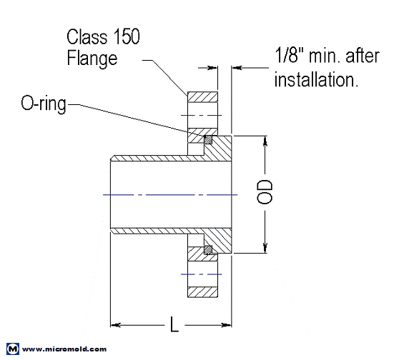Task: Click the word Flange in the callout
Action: click(x=92, y=59)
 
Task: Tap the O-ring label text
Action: click(x=43, y=105)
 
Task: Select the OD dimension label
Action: click(x=266, y=192)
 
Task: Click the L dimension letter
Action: click(x=174, y=326)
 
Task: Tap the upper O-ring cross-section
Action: click(x=208, y=139)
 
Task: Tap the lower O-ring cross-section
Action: click(x=208, y=249)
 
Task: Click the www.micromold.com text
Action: click(x=64, y=349)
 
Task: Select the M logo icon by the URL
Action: click(x=12, y=349)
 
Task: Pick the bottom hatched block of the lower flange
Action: click(x=202, y=291)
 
